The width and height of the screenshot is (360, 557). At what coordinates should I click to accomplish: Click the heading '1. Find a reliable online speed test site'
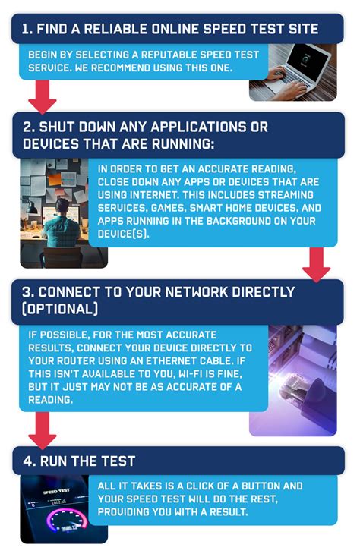click(x=169, y=30)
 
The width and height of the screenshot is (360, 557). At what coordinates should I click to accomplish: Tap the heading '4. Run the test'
click(x=77, y=460)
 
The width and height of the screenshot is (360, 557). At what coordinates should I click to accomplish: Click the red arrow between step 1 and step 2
click(x=43, y=96)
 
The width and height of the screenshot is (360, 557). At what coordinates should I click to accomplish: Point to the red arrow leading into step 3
click(x=316, y=263)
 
